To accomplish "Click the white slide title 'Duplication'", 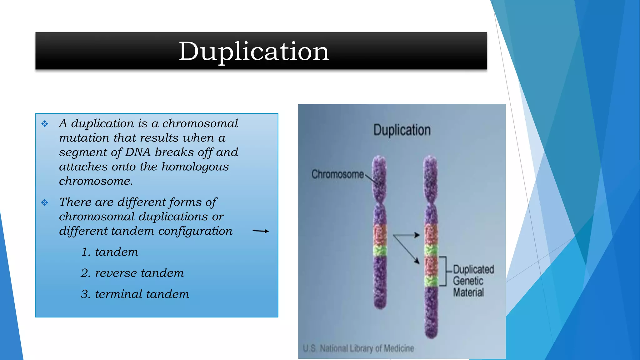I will click(x=254, y=51).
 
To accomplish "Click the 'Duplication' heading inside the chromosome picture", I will click(x=402, y=130).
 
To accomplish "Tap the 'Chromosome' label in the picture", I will click(x=337, y=174).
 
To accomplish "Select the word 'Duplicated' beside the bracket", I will click(x=473, y=269).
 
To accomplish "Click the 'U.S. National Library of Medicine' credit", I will click(x=358, y=348).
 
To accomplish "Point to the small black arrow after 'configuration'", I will click(x=260, y=231).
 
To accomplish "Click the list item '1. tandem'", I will click(x=109, y=252).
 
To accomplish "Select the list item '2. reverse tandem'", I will click(x=132, y=273).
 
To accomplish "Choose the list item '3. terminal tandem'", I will click(x=135, y=294).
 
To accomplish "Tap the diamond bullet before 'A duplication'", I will click(x=45, y=124).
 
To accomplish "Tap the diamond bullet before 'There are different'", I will click(x=45, y=203).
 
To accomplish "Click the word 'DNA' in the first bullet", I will click(x=137, y=152).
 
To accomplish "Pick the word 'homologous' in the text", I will click(x=195, y=167).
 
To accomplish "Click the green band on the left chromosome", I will click(x=380, y=250).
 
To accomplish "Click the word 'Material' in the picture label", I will click(x=468, y=292).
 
